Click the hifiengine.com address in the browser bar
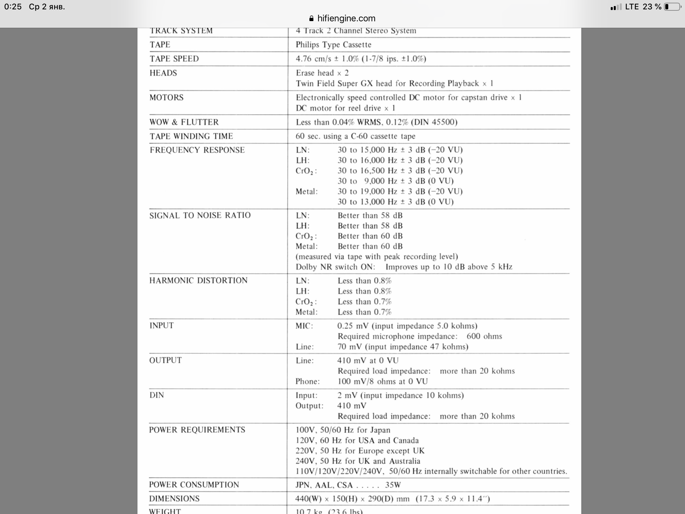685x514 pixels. click(346, 18)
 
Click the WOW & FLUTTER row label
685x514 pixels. click(184, 122)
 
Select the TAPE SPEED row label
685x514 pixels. click(174, 59)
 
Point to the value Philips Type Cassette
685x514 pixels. click(333, 45)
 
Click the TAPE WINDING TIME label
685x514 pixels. click(191, 136)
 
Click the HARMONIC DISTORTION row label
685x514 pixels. click(198, 280)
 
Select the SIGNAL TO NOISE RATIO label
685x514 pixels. click(200, 215)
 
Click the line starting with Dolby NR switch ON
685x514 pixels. click(404, 267)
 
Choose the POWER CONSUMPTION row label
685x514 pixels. click(194, 485)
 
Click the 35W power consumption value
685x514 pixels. click(393, 485)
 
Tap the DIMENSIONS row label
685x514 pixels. click(174, 499)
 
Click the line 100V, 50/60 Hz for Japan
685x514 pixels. click(343, 430)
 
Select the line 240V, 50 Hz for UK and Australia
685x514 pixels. click(358, 461)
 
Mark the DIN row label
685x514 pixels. click(157, 395)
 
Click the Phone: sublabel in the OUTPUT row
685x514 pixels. click(307, 381)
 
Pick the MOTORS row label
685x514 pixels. click(166, 98)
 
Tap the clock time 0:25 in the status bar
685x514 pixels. click(13, 7)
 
